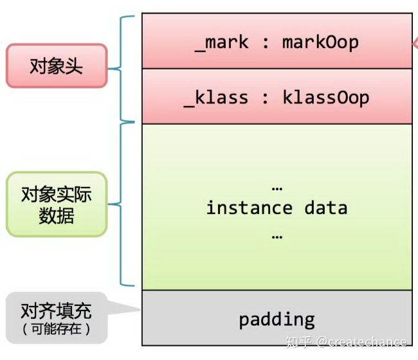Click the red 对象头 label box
pos(56,66)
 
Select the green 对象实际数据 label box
pos(56,204)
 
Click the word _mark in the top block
pos(222,42)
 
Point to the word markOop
pos(320,42)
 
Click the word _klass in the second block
pos(216,98)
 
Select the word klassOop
pos(325,98)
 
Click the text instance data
pos(277,208)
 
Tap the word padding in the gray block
pos(277,319)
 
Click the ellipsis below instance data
pos(277,236)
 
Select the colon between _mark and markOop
pos(266,43)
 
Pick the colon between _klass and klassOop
pos(266,98)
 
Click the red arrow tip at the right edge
pos(414,44)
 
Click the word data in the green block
pos(325,208)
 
